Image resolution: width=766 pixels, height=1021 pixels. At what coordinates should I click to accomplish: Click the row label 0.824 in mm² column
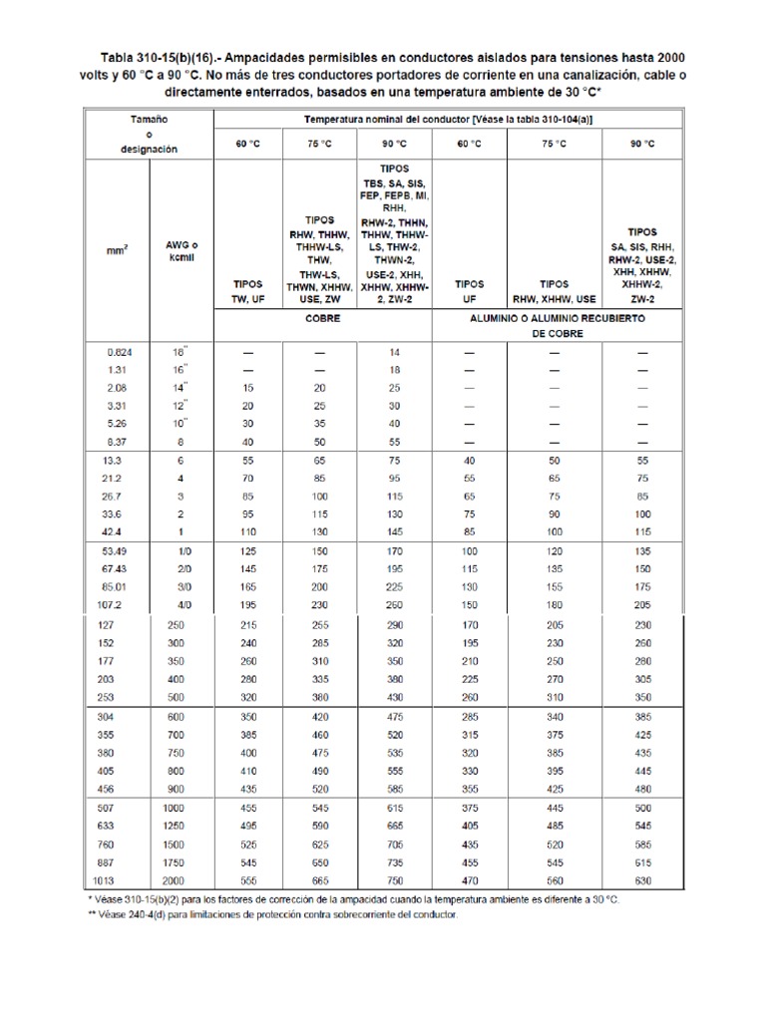(x=119, y=352)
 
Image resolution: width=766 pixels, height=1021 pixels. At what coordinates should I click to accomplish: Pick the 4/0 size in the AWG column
(x=183, y=604)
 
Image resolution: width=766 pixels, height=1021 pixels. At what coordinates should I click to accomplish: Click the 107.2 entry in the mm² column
(x=119, y=604)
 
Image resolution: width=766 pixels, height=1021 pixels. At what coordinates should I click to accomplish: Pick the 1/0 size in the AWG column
(x=183, y=550)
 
